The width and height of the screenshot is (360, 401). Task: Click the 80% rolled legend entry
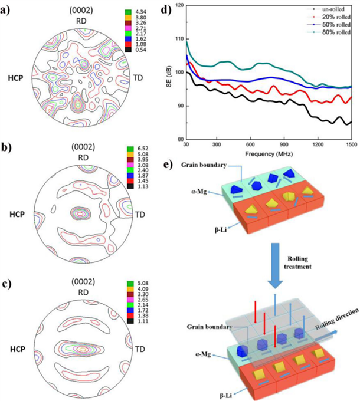[329, 32]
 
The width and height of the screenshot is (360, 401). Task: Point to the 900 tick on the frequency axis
[284, 144]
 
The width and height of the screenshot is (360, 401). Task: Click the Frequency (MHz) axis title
[269, 154]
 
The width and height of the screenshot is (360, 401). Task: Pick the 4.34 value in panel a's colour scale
[140, 12]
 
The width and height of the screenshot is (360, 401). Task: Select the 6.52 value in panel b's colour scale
[143, 149]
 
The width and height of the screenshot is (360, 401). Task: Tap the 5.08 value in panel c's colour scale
[143, 284]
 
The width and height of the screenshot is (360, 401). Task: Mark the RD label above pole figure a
[81, 21]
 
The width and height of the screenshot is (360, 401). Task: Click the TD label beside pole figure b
[140, 214]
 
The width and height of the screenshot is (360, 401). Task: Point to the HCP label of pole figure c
[18, 349]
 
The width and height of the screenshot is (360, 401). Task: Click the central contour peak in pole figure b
[80, 213]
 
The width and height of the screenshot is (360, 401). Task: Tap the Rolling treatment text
[297, 262]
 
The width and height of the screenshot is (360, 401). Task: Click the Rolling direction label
[337, 319]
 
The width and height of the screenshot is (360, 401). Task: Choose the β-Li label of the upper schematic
[220, 230]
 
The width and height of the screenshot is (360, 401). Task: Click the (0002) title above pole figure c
[83, 282]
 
